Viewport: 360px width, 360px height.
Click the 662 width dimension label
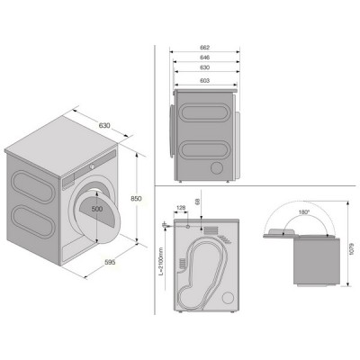pyautogui.click(x=204, y=48)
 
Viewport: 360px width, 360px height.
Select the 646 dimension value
pyautogui.click(x=204, y=58)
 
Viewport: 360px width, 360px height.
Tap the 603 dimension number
pyautogui.click(x=204, y=80)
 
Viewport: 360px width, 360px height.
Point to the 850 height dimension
pyautogui.click(x=136, y=199)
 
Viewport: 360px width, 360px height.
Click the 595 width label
pyautogui.click(x=110, y=262)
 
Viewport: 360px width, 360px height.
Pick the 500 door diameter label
pyautogui.click(x=97, y=209)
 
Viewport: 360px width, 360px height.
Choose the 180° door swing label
pyautogui.click(x=303, y=212)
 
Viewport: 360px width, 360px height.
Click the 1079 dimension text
pyautogui.click(x=352, y=248)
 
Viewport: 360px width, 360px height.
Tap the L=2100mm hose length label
pyautogui.click(x=161, y=261)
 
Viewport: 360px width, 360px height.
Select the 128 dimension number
pyautogui.click(x=181, y=207)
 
